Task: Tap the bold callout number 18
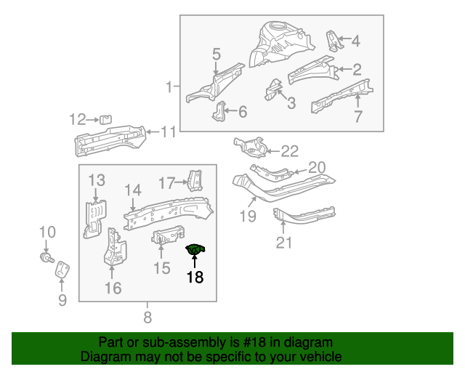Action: (x=195, y=277)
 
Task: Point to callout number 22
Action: (x=289, y=151)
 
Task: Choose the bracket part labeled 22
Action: (x=250, y=147)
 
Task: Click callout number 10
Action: (x=46, y=232)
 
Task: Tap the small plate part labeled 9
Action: (x=62, y=269)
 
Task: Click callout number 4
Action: (x=355, y=41)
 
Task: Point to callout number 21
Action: (x=283, y=243)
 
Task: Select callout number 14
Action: (x=132, y=190)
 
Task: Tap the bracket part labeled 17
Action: (x=195, y=181)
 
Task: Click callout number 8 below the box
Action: (x=147, y=317)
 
